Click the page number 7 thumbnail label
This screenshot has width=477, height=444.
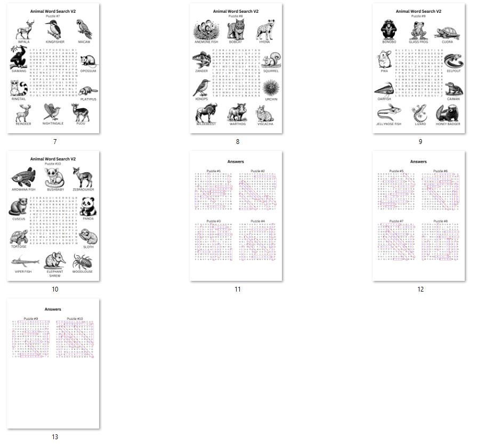(55, 142)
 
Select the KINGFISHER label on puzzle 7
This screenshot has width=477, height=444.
(55, 41)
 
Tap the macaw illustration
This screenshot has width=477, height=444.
(84, 29)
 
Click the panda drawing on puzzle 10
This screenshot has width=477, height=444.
(88, 206)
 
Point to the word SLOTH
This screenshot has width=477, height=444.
(88, 247)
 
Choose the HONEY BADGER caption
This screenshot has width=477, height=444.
(448, 124)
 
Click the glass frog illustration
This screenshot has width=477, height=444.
(418, 30)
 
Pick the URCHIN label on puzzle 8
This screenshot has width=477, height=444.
(271, 99)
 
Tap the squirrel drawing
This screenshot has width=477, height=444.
(272, 60)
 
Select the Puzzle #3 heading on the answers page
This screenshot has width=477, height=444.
(214, 221)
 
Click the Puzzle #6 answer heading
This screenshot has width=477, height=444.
(441, 171)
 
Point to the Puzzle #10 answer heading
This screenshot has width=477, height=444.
(75, 319)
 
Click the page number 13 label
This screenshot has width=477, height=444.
(55, 437)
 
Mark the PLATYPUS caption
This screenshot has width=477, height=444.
(88, 99)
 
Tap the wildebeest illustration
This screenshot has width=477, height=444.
(206, 112)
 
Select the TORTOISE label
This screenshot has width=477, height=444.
(19, 247)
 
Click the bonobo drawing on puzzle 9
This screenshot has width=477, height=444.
(389, 30)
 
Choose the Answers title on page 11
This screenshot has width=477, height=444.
(236, 161)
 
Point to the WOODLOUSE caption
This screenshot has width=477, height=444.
(83, 272)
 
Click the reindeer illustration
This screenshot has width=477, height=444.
(23, 112)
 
